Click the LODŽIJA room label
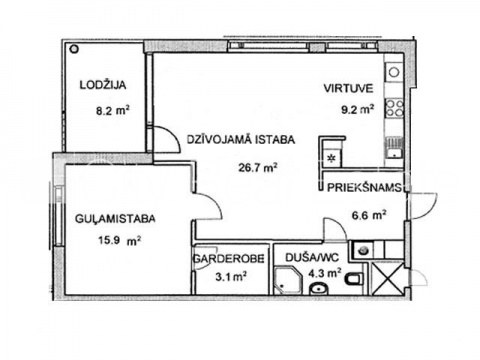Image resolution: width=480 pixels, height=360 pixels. (x=103, y=85)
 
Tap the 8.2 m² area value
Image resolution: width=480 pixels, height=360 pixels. (x=113, y=110)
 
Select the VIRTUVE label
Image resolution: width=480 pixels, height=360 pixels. (x=348, y=89)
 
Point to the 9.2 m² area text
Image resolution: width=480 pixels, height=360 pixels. (x=357, y=109)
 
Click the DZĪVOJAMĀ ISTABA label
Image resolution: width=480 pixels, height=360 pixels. (x=241, y=139)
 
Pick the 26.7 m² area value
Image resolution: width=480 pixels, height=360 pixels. (x=258, y=167)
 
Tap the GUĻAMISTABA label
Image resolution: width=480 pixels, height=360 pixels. (x=115, y=219)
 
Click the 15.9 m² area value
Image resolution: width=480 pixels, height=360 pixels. (x=119, y=240)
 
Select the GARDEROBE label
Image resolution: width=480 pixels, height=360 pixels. (x=229, y=258)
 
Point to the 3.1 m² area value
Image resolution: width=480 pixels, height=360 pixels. (x=231, y=276)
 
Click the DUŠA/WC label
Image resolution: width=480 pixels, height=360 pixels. (x=312, y=257)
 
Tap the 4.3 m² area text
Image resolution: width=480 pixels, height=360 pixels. (x=325, y=273)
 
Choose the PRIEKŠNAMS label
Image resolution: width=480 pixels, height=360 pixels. (x=364, y=187)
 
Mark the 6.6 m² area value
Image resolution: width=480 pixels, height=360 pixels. (x=369, y=215)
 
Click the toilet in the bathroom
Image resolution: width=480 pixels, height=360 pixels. (x=354, y=278)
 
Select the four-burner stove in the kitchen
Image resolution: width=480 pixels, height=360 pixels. (x=394, y=108)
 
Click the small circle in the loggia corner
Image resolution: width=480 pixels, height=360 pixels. (x=74, y=49)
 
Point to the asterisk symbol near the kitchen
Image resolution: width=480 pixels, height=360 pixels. (x=332, y=158)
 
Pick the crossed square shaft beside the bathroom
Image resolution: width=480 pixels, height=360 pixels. (x=387, y=279)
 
